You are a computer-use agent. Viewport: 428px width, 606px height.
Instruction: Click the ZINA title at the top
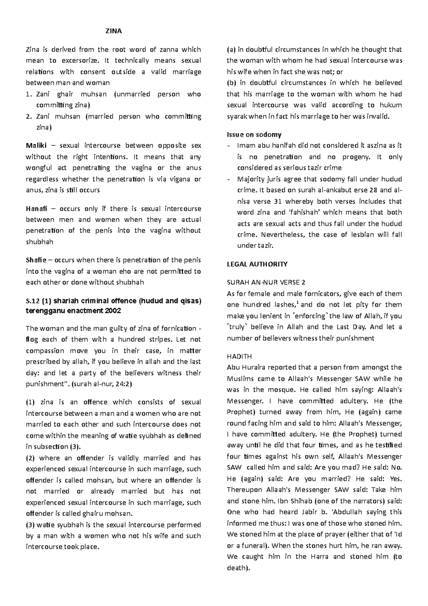click(114, 31)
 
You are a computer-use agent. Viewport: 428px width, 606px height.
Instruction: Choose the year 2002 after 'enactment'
click(112, 310)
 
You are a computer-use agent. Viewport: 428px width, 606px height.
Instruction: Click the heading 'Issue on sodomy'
click(254, 135)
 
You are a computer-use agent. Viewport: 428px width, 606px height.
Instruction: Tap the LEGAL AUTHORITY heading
click(257, 264)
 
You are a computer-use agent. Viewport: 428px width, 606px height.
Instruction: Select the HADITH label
click(239, 356)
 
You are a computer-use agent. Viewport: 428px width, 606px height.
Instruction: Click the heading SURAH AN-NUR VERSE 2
click(266, 283)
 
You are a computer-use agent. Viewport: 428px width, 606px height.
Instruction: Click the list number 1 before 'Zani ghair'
click(29, 94)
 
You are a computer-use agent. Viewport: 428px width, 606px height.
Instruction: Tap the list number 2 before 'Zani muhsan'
click(29, 116)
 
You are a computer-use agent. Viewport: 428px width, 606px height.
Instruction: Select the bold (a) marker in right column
click(231, 50)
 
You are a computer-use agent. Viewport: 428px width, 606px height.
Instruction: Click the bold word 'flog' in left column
click(31, 339)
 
